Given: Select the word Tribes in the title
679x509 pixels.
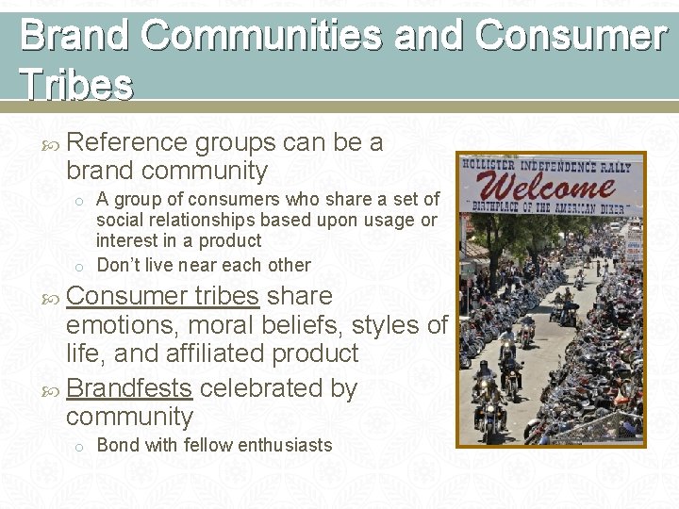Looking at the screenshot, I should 76,85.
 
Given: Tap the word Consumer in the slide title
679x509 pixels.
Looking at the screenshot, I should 571,36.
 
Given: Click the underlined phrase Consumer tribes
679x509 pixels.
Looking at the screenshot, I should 163,295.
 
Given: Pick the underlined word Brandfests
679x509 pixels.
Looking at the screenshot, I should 129,387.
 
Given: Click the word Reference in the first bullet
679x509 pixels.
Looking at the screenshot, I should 127,142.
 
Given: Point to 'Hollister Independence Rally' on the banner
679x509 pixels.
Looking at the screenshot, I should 551,163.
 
